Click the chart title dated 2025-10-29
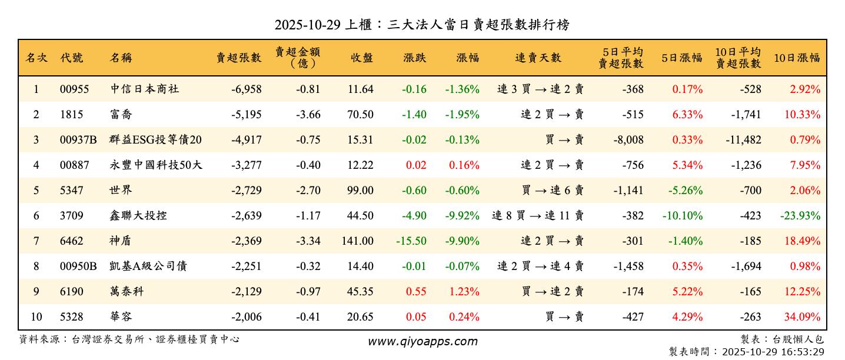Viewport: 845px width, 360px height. click(x=422, y=25)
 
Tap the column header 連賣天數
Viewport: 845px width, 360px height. click(x=538, y=58)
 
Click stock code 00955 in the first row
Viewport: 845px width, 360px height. click(x=74, y=89)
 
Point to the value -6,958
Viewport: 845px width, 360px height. click(x=246, y=89)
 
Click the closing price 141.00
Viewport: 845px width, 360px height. click(x=357, y=241)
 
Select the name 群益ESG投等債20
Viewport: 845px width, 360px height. click(x=156, y=140)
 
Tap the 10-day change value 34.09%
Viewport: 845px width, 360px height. click(x=802, y=317)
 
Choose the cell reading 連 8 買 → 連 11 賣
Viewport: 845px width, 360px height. click(x=538, y=216)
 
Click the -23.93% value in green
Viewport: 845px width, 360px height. click(x=800, y=216)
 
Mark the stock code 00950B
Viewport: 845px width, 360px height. click(x=78, y=266)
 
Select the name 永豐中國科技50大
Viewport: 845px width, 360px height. click(x=156, y=165)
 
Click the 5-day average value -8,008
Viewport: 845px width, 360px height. click(x=628, y=140)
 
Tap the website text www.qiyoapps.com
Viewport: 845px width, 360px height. click(x=422, y=342)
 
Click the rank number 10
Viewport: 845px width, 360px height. click(x=36, y=317)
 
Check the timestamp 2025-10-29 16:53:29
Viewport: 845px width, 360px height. click(x=773, y=352)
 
